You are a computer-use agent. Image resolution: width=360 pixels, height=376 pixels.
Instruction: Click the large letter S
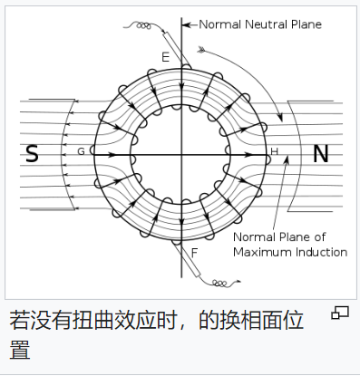32,154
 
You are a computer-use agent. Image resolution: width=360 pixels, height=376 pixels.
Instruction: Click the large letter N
320,154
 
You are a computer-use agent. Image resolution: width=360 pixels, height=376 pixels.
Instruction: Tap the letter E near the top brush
165,57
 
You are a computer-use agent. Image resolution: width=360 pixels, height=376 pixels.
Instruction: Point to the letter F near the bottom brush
194,252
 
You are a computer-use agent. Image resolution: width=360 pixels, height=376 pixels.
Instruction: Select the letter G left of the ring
81,151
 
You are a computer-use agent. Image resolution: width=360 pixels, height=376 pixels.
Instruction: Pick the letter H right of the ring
275,150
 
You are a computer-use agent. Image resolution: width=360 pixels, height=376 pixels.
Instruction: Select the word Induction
316,252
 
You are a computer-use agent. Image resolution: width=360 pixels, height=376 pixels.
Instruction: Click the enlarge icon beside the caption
340,313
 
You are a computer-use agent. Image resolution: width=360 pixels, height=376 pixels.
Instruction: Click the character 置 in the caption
20,349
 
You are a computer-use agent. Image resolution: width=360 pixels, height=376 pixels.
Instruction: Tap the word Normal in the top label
221,24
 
